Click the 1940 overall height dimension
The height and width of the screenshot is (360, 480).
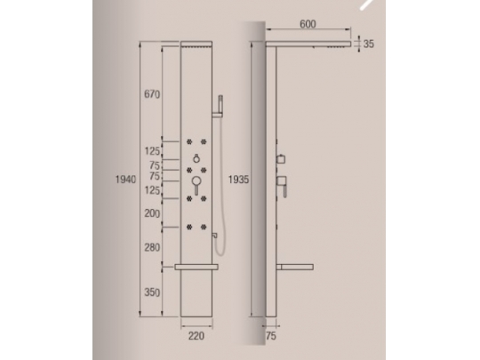click(x=124, y=179)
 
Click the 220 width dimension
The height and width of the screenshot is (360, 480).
click(x=196, y=336)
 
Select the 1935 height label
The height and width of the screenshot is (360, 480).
click(x=236, y=179)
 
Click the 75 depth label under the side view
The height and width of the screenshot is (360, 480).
click(x=273, y=336)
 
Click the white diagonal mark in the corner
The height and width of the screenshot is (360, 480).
click(x=364, y=4)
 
